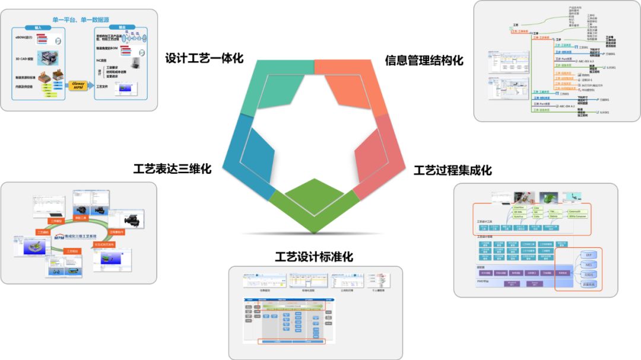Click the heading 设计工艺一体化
coord(204,59)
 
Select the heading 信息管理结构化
coord(424,60)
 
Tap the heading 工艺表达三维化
coord(172,168)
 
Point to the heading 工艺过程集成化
coord(452,170)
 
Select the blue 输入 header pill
coord(38,27)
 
